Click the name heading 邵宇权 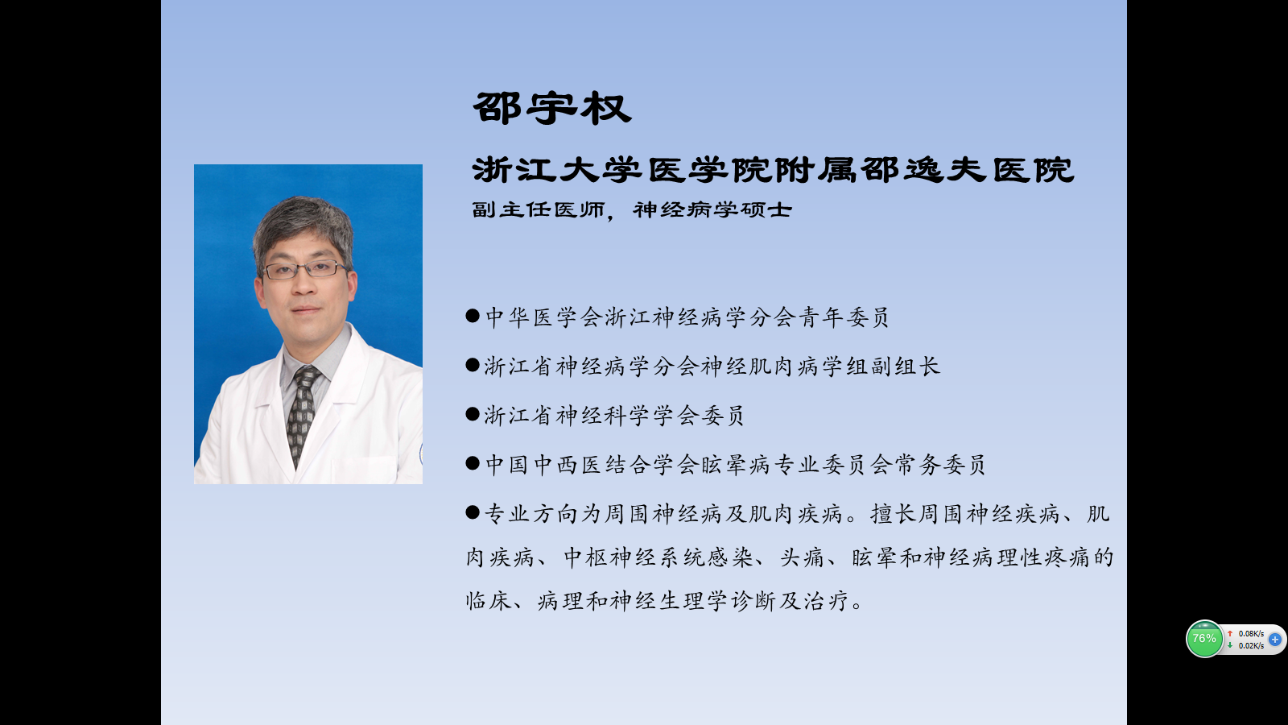[552, 109]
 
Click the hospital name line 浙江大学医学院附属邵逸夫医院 [773, 170]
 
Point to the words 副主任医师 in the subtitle [539, 209]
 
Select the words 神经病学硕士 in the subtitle [712, 209]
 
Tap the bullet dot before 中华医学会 [473, 315]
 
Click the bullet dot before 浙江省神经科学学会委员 [473, 414]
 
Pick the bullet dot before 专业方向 [473, 512]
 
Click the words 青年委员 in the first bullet [843, 317]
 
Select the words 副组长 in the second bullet [906, 366]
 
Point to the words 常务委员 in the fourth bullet [939, 464]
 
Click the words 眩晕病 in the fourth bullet [736, 464]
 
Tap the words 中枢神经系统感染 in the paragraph [658, 557]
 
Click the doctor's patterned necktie [303, 413]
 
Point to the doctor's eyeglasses [305, 269]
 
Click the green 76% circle [1204, 639]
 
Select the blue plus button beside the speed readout [1275, 640]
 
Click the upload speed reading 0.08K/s [1251, 633]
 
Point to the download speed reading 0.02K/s [1251, 645]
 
